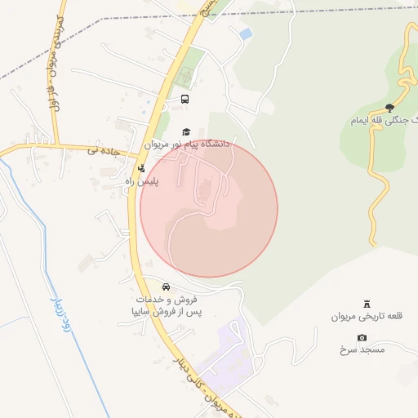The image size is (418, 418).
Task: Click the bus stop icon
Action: pyautogui.click(x=185, y=100)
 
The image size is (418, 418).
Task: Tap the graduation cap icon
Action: pyautogui.click(x=186, y=131)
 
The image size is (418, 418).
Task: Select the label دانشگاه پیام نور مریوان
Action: pyautogui.click(x=188, y=144)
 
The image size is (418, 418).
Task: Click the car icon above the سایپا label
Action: pyautogui.click(x=166, y=287)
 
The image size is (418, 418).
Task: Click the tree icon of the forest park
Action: pyautogui.click(x=389, y=108)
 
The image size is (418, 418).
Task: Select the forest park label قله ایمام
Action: pyautogui.click(x=384, y=120)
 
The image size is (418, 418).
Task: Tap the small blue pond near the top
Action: pyautogui.click(x=245, y=34)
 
